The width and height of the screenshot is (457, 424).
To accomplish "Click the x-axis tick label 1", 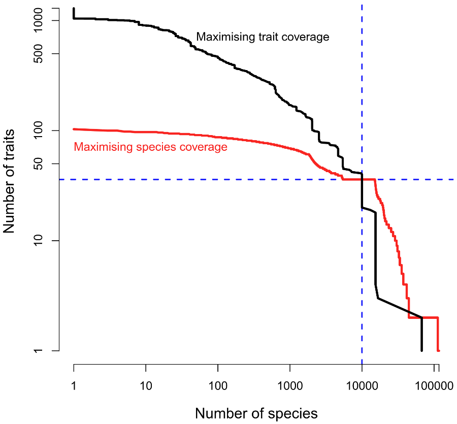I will pos(74,386).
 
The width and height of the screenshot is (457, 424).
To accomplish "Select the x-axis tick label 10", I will pos(146,386).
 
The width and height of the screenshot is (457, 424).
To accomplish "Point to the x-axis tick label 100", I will pos(218,386).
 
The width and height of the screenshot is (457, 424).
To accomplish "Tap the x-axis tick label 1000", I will pos(290,386).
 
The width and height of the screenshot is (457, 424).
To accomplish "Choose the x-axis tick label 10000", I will pos(362,386).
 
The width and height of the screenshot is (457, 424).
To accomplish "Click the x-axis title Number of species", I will pos(256,413).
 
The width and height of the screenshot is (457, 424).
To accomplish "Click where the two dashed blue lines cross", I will pos(362,179).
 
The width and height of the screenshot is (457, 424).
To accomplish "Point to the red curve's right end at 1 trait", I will pos(438,350).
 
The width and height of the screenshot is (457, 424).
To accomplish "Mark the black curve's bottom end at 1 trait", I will pos(421,350).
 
